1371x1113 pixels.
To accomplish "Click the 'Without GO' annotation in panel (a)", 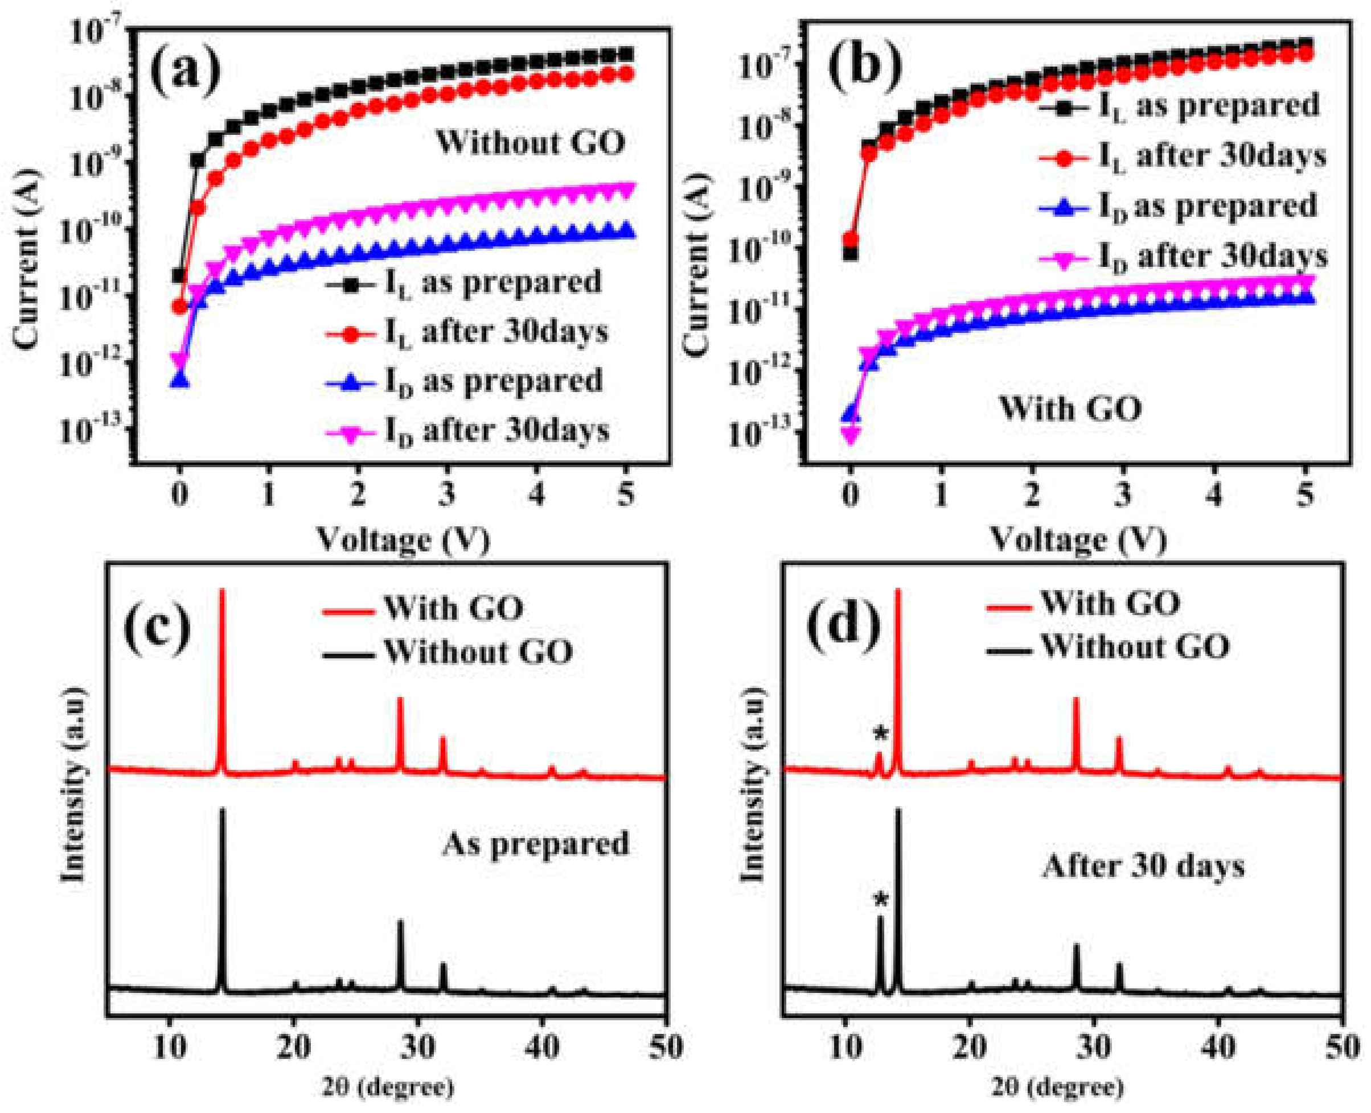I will (x=530, y=142).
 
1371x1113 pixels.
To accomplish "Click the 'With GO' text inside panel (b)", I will (x=1070, y=408).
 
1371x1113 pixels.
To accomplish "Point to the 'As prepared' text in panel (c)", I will (x=536, y=844).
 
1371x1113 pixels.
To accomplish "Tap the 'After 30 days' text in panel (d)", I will (x=1143, y=866).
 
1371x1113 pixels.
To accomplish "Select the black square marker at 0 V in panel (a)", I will (x=180, y=275).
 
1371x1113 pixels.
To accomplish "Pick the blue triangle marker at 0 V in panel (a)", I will (x=180, y=380).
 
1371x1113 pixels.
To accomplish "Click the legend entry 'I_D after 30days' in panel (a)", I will (x=469, y=431).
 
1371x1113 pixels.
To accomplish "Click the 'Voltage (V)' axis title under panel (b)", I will (x=1078, y=539).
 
